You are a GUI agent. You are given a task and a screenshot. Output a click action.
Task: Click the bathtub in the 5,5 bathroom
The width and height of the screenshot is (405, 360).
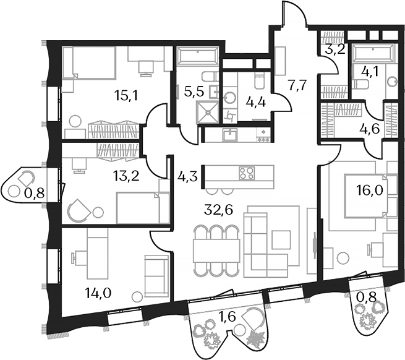196,57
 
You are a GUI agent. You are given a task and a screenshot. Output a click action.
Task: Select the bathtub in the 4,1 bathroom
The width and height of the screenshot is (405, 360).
373,52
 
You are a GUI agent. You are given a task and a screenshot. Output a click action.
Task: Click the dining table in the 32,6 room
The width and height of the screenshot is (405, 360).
216,251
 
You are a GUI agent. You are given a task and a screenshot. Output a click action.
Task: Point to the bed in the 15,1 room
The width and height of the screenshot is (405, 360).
90,62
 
